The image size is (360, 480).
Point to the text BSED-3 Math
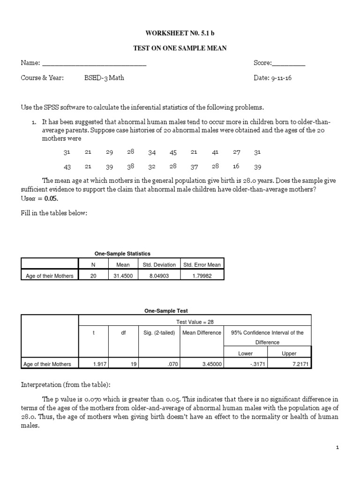click(x=104, y=78)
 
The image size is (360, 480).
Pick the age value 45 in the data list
click(x=173, y=152)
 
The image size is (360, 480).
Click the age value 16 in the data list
click(x=236, y=166)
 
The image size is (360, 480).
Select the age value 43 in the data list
click(x=67, y=166)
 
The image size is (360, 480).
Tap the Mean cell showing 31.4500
click(x=123, y=276)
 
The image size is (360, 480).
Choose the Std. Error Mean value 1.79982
click(x=202, y=276)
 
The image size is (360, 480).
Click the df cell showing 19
click(x=133, y=363)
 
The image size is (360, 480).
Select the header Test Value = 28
click(x=195, y=322)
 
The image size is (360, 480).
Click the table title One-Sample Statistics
click(x=122, y=253)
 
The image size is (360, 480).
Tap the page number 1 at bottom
click(x=337, y=448)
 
